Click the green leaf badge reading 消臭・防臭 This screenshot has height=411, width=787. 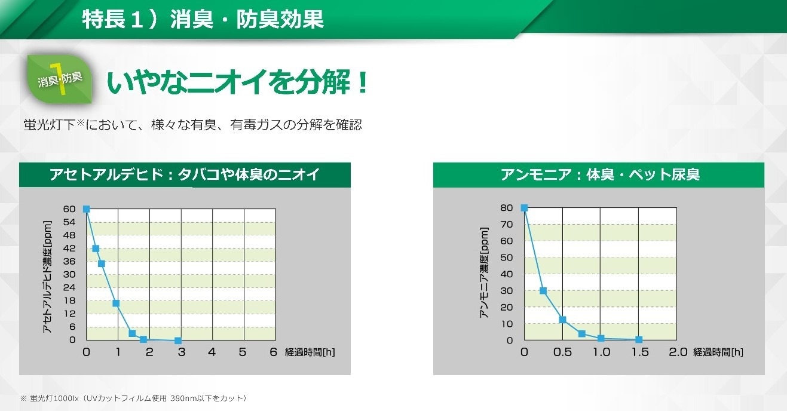point(60,79)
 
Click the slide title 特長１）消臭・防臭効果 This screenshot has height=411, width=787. point(203,19)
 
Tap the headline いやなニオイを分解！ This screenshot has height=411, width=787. point(238,82)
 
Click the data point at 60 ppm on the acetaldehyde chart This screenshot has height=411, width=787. point(87,209)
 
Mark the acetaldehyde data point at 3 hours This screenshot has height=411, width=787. point(178,341)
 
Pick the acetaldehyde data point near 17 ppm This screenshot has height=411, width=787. point(116,303)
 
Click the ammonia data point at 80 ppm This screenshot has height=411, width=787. point(524,208)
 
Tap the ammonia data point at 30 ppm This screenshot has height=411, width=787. point(543,290)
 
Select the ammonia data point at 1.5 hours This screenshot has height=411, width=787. point(639,339)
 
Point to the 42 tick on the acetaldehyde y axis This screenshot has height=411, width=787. point(69,249)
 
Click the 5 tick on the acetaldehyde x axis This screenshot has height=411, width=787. point(243,352)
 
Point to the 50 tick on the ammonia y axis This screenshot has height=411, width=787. point(507,257)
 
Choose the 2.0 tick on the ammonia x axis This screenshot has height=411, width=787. point(678,352)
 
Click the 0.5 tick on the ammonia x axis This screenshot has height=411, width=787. point(562,352)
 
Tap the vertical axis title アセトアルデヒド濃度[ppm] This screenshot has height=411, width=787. point(47,277)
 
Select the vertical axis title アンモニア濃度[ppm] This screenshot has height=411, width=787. point(484,272)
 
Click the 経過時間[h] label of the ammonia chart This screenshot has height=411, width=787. point(718,352)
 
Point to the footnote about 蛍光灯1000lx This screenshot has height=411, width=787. point(134,398)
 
